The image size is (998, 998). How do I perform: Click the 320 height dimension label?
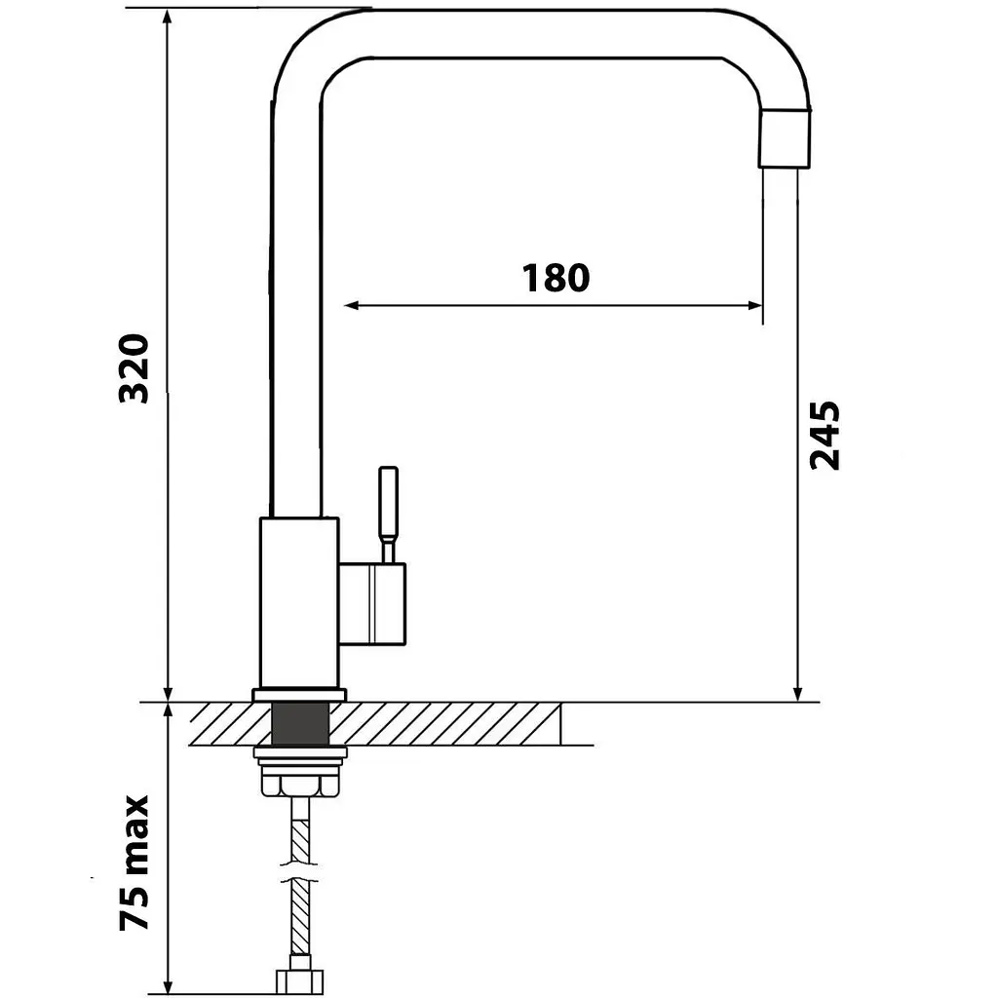pos(134,368)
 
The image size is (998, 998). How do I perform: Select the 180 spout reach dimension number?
pos(556,278)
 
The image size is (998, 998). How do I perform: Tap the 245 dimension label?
pos(825,436)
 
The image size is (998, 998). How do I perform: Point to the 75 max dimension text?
pos(134,863)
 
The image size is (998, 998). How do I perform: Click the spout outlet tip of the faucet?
pos(785,138)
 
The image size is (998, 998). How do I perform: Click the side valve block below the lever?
pos(371,604)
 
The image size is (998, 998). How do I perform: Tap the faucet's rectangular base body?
pos(299,602)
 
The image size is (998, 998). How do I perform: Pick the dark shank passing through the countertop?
pos(300,723)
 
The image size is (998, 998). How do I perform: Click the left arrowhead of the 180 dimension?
pos(351,305)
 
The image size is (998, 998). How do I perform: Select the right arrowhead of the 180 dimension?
pos(755,305)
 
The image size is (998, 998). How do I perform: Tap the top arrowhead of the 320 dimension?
pos(168,18)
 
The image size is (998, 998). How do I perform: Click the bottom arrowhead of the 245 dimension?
pos(798,694)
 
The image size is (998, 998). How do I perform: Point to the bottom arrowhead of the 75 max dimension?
pos(168,988)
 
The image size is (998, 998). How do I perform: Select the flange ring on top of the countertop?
pos(300,695)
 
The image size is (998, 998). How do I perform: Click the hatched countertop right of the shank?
pos(445,723)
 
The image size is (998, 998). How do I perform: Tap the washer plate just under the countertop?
pos(300,753)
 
